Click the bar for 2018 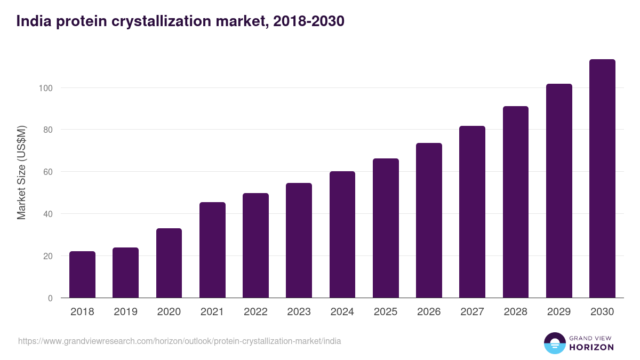pyautogui.click(x=82, y=275)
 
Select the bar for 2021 pyautogui.click(x=212, y=250)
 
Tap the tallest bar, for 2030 pyautogui.click(x=602, y=179)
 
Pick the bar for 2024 pyautogui.click(x=342, y=235)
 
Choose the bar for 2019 pyautogui.click(x=125, y=273)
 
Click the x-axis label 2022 pyautogui.click(x=255, y=312)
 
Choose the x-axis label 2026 pyautogui.click(x=429, y=312)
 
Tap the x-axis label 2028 pyautogui.click(x=515, y=312)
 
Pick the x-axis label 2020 pyautogui.click(x=169, y=312)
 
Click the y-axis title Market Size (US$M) pyautogui.click(x=21, y=172)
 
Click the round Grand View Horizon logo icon pyautogui.click(x=555, y=343)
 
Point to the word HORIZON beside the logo pyautogui.click(x=591, y=347)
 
